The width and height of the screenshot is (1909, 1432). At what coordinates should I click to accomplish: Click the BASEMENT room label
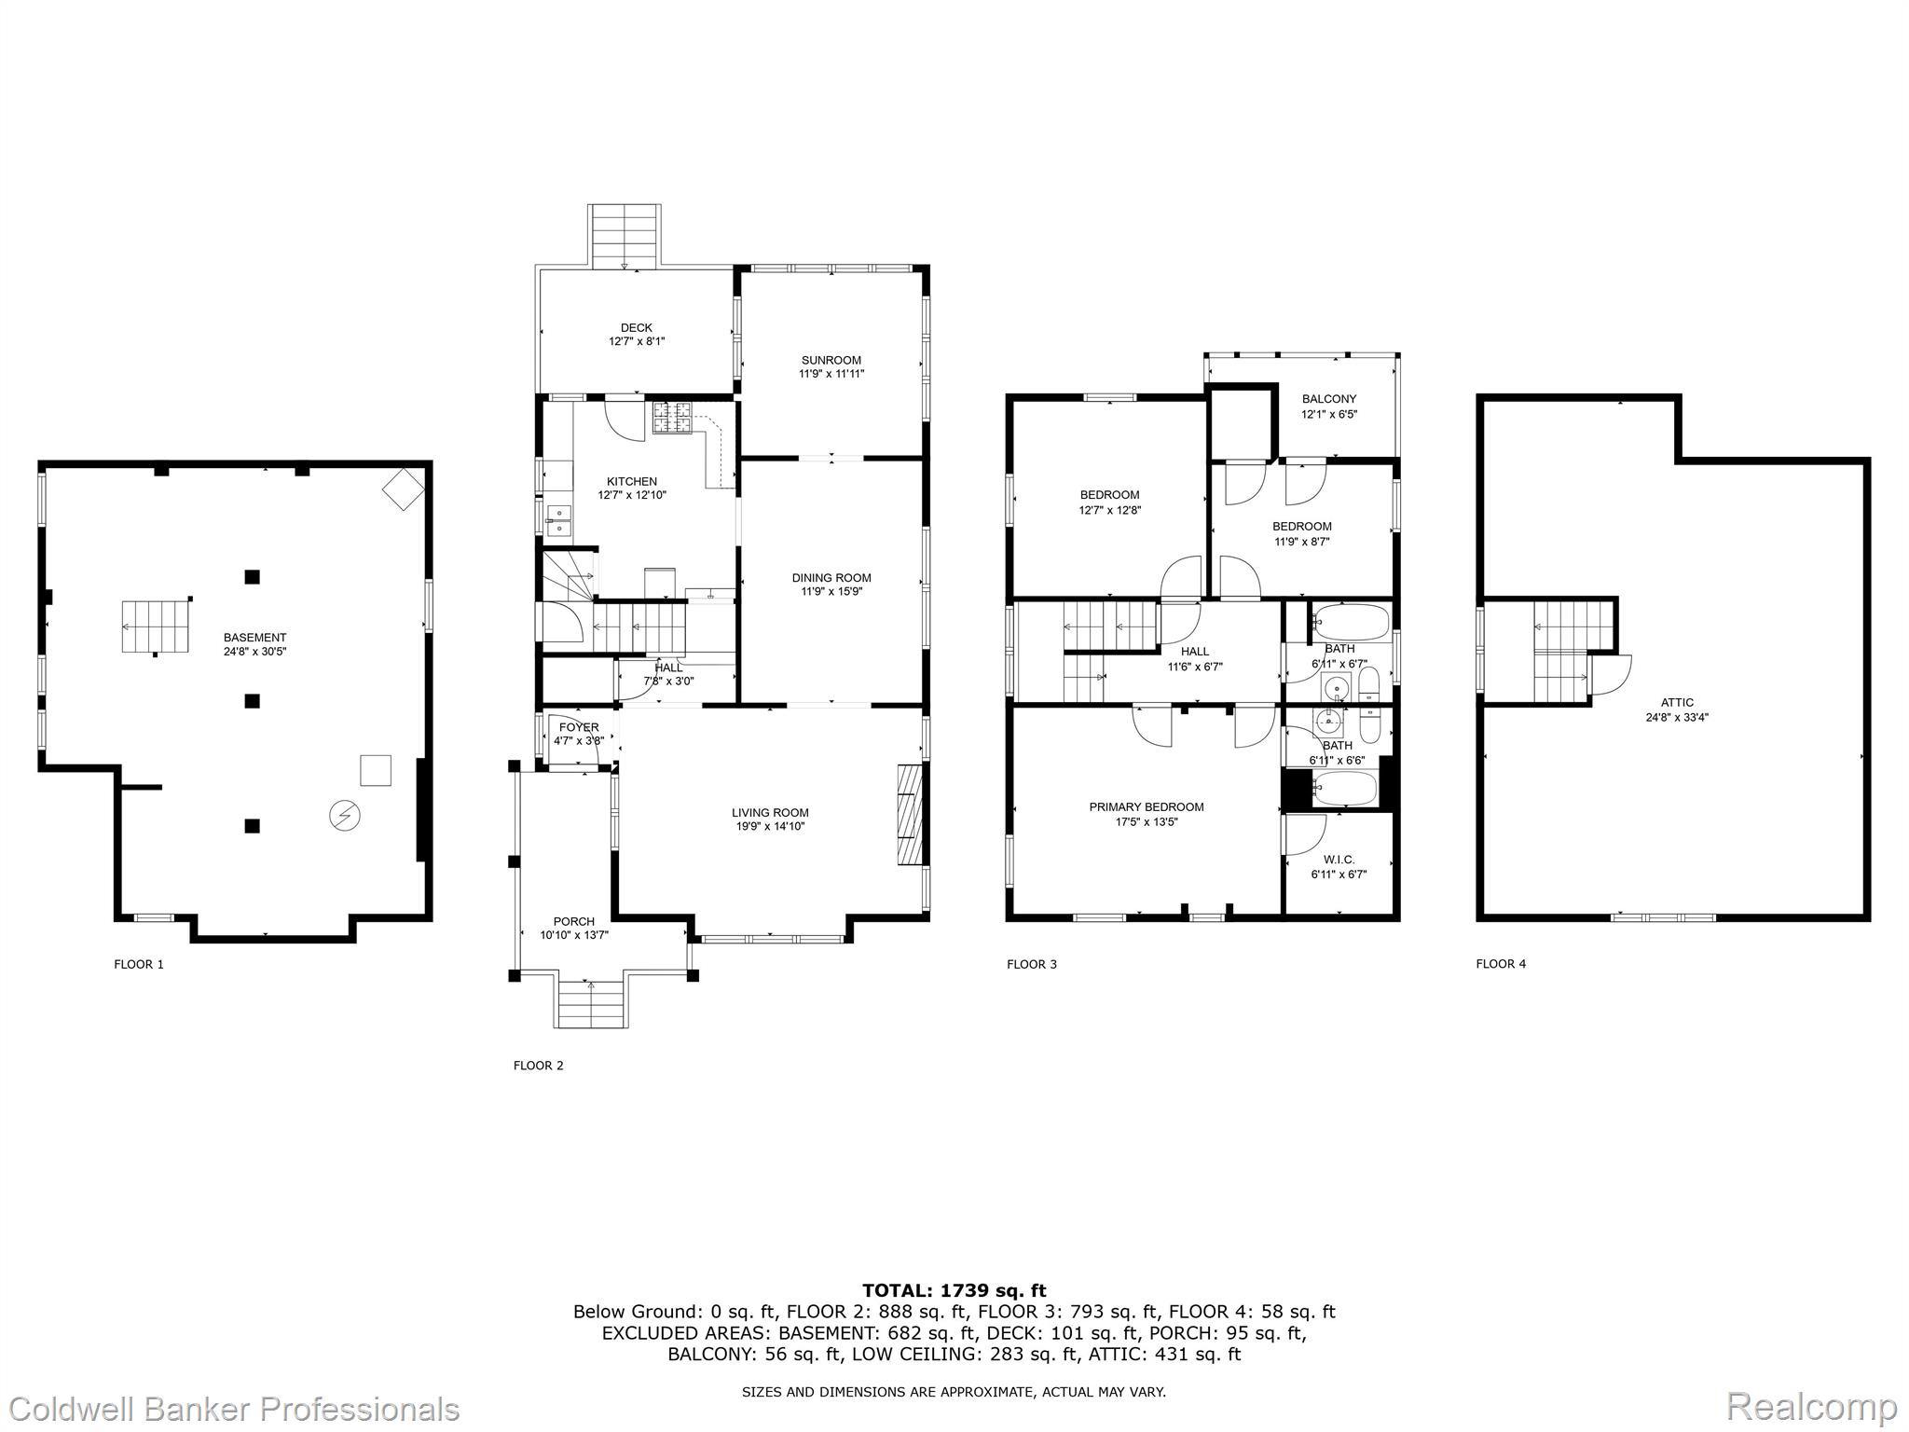click(x=254, y=638)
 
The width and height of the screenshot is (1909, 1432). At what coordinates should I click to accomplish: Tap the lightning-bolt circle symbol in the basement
click(x=345, y=816)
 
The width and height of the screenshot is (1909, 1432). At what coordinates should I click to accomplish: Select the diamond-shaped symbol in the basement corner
click(x=403, y=488)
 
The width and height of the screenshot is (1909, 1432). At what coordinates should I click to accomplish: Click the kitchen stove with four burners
click(x=672, y=418)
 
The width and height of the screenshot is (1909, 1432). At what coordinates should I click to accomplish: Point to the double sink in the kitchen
click(x=560, y=520)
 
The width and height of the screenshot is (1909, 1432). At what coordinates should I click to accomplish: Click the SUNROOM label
click(x=831, y=360)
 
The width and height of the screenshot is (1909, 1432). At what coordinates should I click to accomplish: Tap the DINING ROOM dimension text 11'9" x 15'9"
click(x=831, y=591)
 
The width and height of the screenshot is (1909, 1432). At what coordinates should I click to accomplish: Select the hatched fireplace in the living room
click(x=909, y=816)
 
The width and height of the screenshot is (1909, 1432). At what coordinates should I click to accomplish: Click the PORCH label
click(x=574, y=921)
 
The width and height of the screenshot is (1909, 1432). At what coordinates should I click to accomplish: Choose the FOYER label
click(x=579, y=727)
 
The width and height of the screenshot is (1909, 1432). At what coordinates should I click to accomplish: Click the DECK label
click(x=637, y=327)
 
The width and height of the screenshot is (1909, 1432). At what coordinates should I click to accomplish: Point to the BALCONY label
click(x=1329, y=399)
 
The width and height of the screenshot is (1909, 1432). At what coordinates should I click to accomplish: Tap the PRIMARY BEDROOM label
click(x=1147, y=807)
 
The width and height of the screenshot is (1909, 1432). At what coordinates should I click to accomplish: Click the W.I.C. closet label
click(x=1339, y=860)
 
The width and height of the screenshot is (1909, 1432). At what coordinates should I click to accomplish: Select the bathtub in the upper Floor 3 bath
click(x=1351, y=622)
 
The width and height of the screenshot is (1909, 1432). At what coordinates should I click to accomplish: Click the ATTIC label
click(x=1677, y=703)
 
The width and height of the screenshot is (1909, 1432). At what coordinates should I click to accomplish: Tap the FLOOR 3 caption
click(x=1032, y=964)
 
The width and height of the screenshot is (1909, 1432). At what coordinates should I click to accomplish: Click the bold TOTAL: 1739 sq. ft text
click(x=954, y=1290)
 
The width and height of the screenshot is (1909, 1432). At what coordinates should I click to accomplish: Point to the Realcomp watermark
click(x=1811, y=1407)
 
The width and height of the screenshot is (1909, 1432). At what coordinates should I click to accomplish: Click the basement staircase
click(x=155, y=626)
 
